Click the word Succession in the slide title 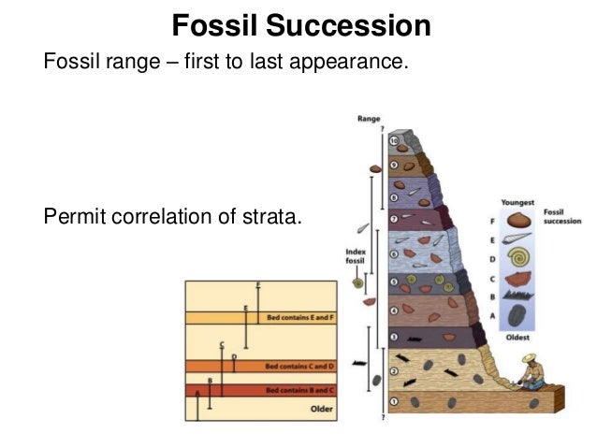pyautogui.click(x=362, y=26)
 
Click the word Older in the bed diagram pyautogui.click(x=320, y=409)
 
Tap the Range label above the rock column pyautogui.click(x=368, y=120)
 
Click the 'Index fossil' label pyautogui.click(x=356, y=256)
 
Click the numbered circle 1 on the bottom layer pyautogui.click(x=394, y=402)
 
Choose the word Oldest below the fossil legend pyautogui.click(x=517, y=337)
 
